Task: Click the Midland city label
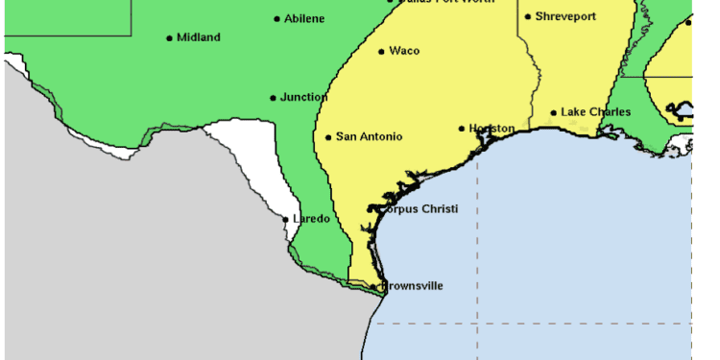(199, 37)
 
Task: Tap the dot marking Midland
(170, 38)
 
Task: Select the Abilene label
(305, 18)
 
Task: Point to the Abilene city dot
(277, 18)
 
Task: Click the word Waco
(404, 51)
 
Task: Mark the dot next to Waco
(382, 52)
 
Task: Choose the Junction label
(304, 97)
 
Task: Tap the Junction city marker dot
(274, 98)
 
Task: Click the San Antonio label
(369, 136)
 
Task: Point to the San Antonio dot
(329, 137)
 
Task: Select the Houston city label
(492, 128)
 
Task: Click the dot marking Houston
(462, 128)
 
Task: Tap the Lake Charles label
(596, 112)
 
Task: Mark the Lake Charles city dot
(554, 113)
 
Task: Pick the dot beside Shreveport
(528, 16)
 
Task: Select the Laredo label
(311, 219)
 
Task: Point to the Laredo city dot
(286, 220)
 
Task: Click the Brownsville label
(413, 286)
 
